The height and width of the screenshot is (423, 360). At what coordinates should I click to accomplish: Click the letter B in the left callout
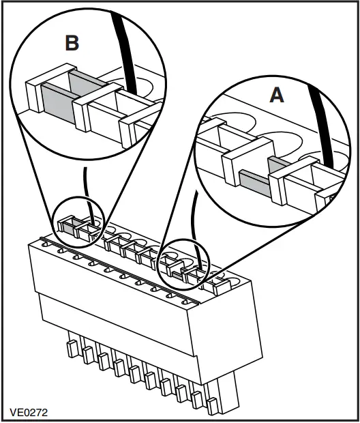pyautogui.click(x=72, y=43)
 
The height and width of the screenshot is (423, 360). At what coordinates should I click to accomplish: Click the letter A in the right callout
pyautogui.click(x=276, y=95)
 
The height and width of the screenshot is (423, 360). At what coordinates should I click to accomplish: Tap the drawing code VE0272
pyautogui.click(x=29, y=412)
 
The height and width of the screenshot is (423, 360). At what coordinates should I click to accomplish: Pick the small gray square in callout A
pyautogui.click(x=275, y=164)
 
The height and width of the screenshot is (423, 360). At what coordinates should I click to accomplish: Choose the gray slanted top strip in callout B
pyautogui.click(x=85, y=83)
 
